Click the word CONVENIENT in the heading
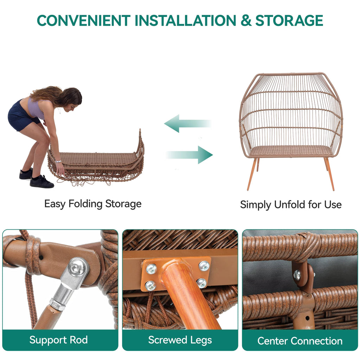pos(84,21)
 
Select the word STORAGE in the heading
pos(289,21)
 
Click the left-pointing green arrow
pos(187,123)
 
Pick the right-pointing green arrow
pos(189,155)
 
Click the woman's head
pos(70,98)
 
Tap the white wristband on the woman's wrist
pos(58,161)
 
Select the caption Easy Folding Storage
pos(93,204)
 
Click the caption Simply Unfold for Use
pos(291,205)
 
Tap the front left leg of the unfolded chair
pos(252,174)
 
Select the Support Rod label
pos(59,340)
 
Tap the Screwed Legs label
pos(180,340)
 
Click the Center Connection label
pos(300,341)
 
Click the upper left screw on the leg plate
pos(152,269)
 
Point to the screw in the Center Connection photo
pos(297,275)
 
